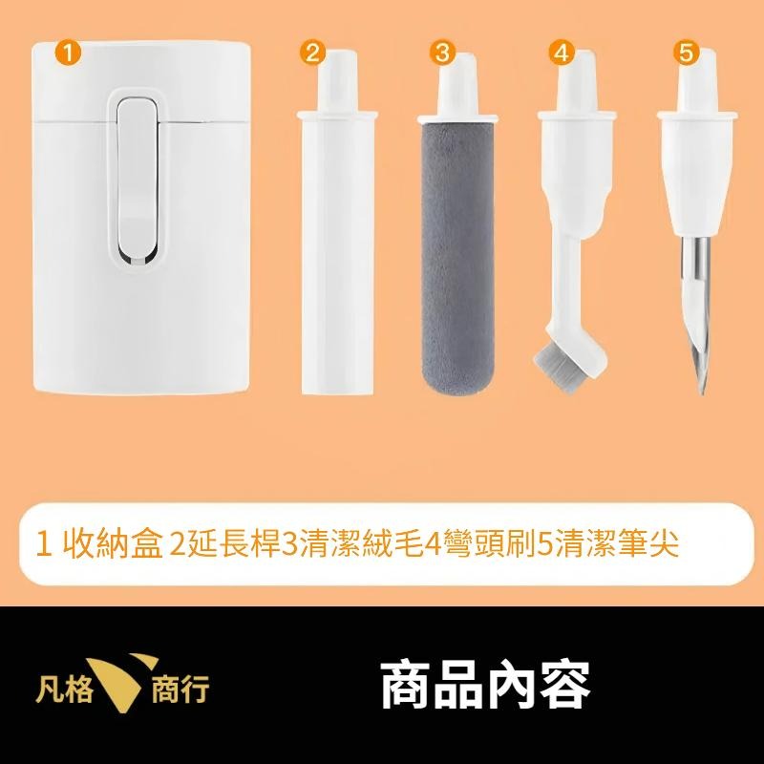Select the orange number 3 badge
441,53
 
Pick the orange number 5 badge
685,53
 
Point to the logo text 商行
180,688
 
